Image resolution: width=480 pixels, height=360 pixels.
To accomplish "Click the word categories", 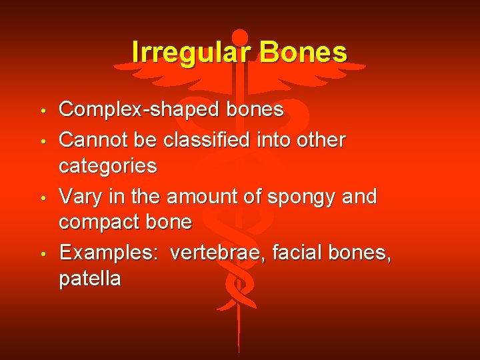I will click(x=108, y=166).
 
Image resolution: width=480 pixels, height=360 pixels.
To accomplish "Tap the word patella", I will click(x=90, y=279).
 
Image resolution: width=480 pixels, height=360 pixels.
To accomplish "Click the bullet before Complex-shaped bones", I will click(x=42, y=110).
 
